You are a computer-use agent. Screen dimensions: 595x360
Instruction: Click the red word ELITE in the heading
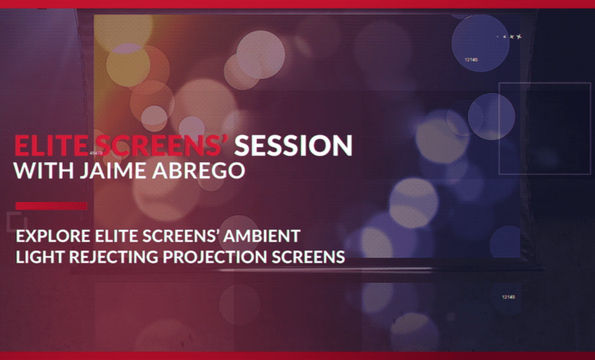click(51, 146)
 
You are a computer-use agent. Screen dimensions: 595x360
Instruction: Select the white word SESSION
click(294, 146)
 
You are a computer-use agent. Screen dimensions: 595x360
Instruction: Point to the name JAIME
click(113, 171)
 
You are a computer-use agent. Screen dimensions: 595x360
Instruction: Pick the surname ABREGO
click(199, 171)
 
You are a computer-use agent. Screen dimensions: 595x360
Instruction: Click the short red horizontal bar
click(51, 206)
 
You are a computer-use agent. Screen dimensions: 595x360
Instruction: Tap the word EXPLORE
click(52, 236)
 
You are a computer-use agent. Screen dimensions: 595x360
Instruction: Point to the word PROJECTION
click(215, 257)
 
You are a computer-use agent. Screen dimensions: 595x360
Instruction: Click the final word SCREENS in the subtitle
click(308, 257)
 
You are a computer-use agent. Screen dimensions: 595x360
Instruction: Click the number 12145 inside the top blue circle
click(471, 60)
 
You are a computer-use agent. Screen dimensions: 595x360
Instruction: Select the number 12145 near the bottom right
click(508, 297)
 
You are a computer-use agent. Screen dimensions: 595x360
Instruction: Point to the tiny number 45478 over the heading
click(96, 153)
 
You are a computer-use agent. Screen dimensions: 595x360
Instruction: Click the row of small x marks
click(510, 37)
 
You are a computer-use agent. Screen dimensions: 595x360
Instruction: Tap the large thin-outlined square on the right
click(499, 128)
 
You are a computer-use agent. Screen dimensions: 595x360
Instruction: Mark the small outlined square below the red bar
click(8, 222)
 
